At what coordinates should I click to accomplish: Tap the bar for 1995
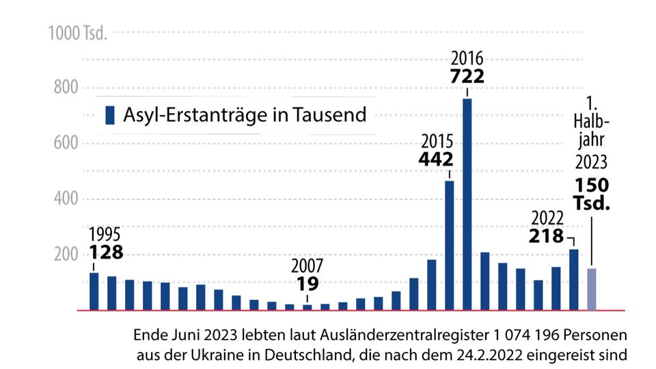click(94, 291)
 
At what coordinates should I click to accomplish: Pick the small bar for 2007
click(307, 307)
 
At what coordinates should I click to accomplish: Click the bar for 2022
click(574, 279)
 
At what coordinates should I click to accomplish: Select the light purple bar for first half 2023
click(592, 289)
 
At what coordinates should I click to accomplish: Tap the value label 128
click(106, 253)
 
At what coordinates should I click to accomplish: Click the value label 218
click(547, 237)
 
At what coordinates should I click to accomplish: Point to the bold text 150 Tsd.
click(592, 195)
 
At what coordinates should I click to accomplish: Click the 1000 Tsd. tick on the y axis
click(77, 33)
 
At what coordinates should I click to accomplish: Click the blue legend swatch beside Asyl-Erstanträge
click(109, 115)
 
